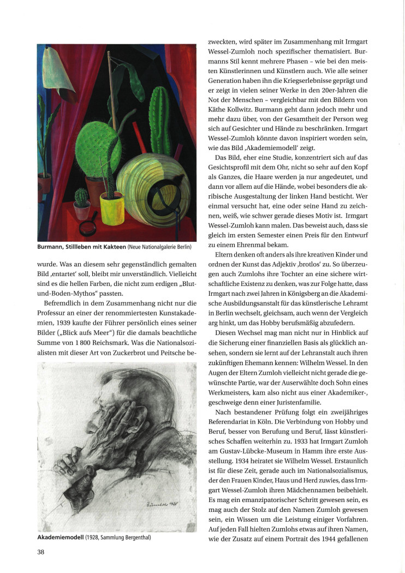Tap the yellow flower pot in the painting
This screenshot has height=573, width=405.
111,207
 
